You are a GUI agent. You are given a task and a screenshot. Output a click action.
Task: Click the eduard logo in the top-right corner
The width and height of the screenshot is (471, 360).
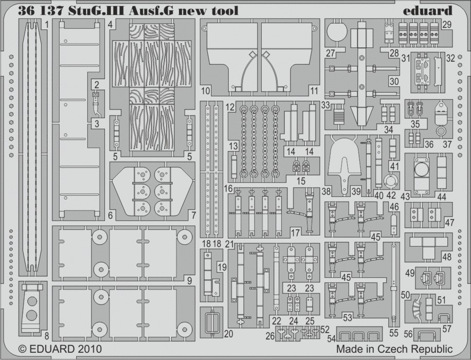(430, 10)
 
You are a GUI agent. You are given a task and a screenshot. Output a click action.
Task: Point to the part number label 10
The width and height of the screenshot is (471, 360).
(205, 92)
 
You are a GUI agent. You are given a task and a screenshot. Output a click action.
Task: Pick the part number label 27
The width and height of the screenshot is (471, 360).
(330, 53)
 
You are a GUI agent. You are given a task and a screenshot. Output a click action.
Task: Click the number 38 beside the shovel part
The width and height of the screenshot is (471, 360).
(325, 191)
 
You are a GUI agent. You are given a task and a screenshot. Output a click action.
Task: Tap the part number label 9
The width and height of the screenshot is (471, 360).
(190, 281)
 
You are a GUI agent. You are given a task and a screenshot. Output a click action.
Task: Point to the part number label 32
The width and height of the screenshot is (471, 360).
(450, 58)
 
